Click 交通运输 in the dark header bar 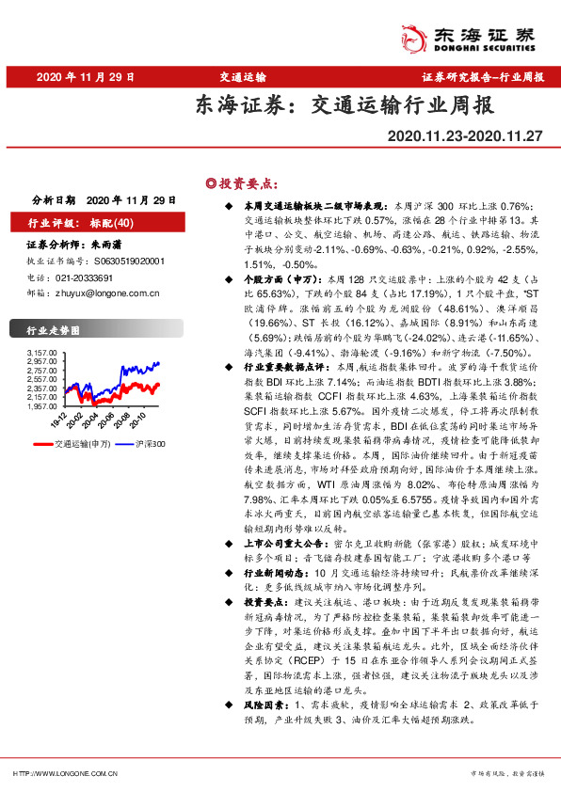click(243, 78)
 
